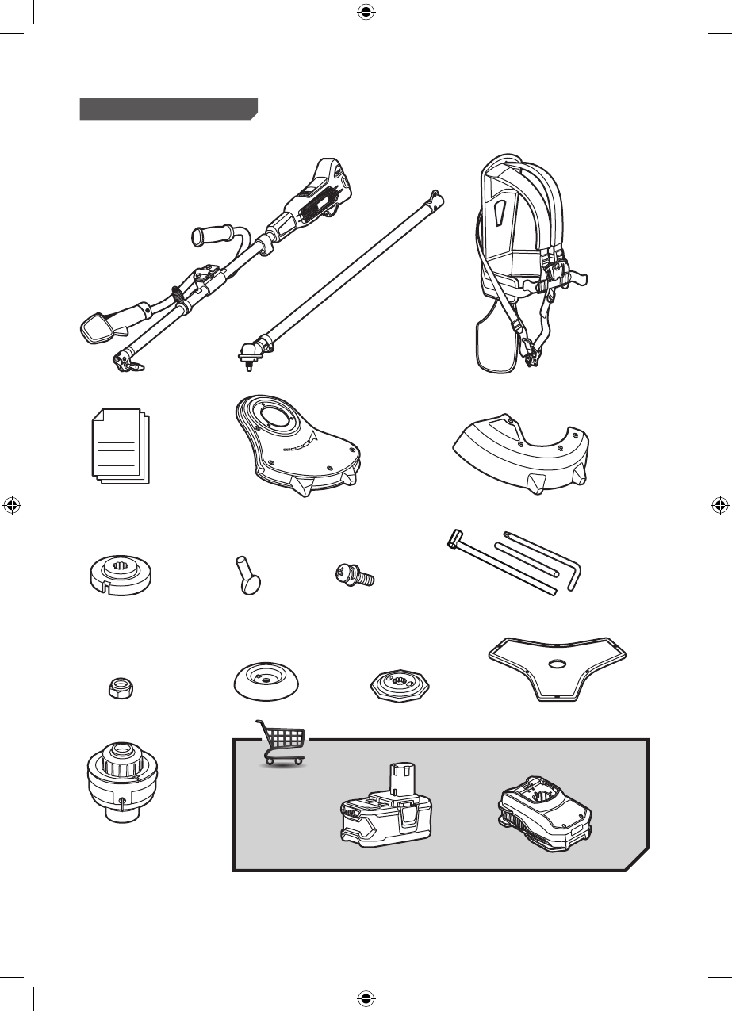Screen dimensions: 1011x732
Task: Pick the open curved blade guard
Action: (x=522, y=452)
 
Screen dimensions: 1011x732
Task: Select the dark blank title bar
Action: (x=168, y=109)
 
